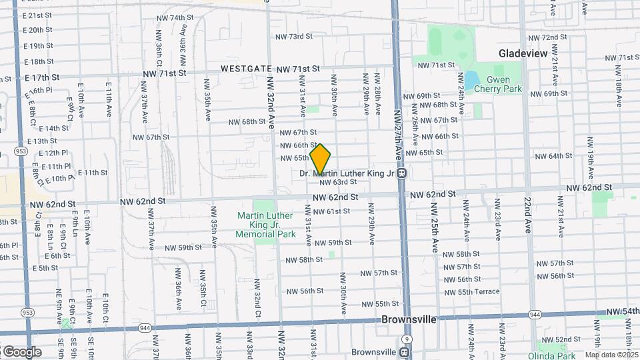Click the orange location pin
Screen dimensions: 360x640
point(320,159)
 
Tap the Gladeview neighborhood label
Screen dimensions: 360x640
point(523,53)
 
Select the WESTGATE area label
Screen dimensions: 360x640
point(247,69)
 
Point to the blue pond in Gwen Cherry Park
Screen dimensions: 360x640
point(472,80)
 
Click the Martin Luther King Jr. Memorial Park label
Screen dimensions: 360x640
point(267,225)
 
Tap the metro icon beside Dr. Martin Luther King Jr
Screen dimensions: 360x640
point(403,173)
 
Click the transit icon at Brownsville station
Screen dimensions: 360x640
point(405,352)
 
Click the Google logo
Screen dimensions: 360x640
point(21,351)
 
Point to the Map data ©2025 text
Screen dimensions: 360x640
point(612,355)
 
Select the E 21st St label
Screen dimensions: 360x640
point(37,15)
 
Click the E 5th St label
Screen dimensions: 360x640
point(44,268)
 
